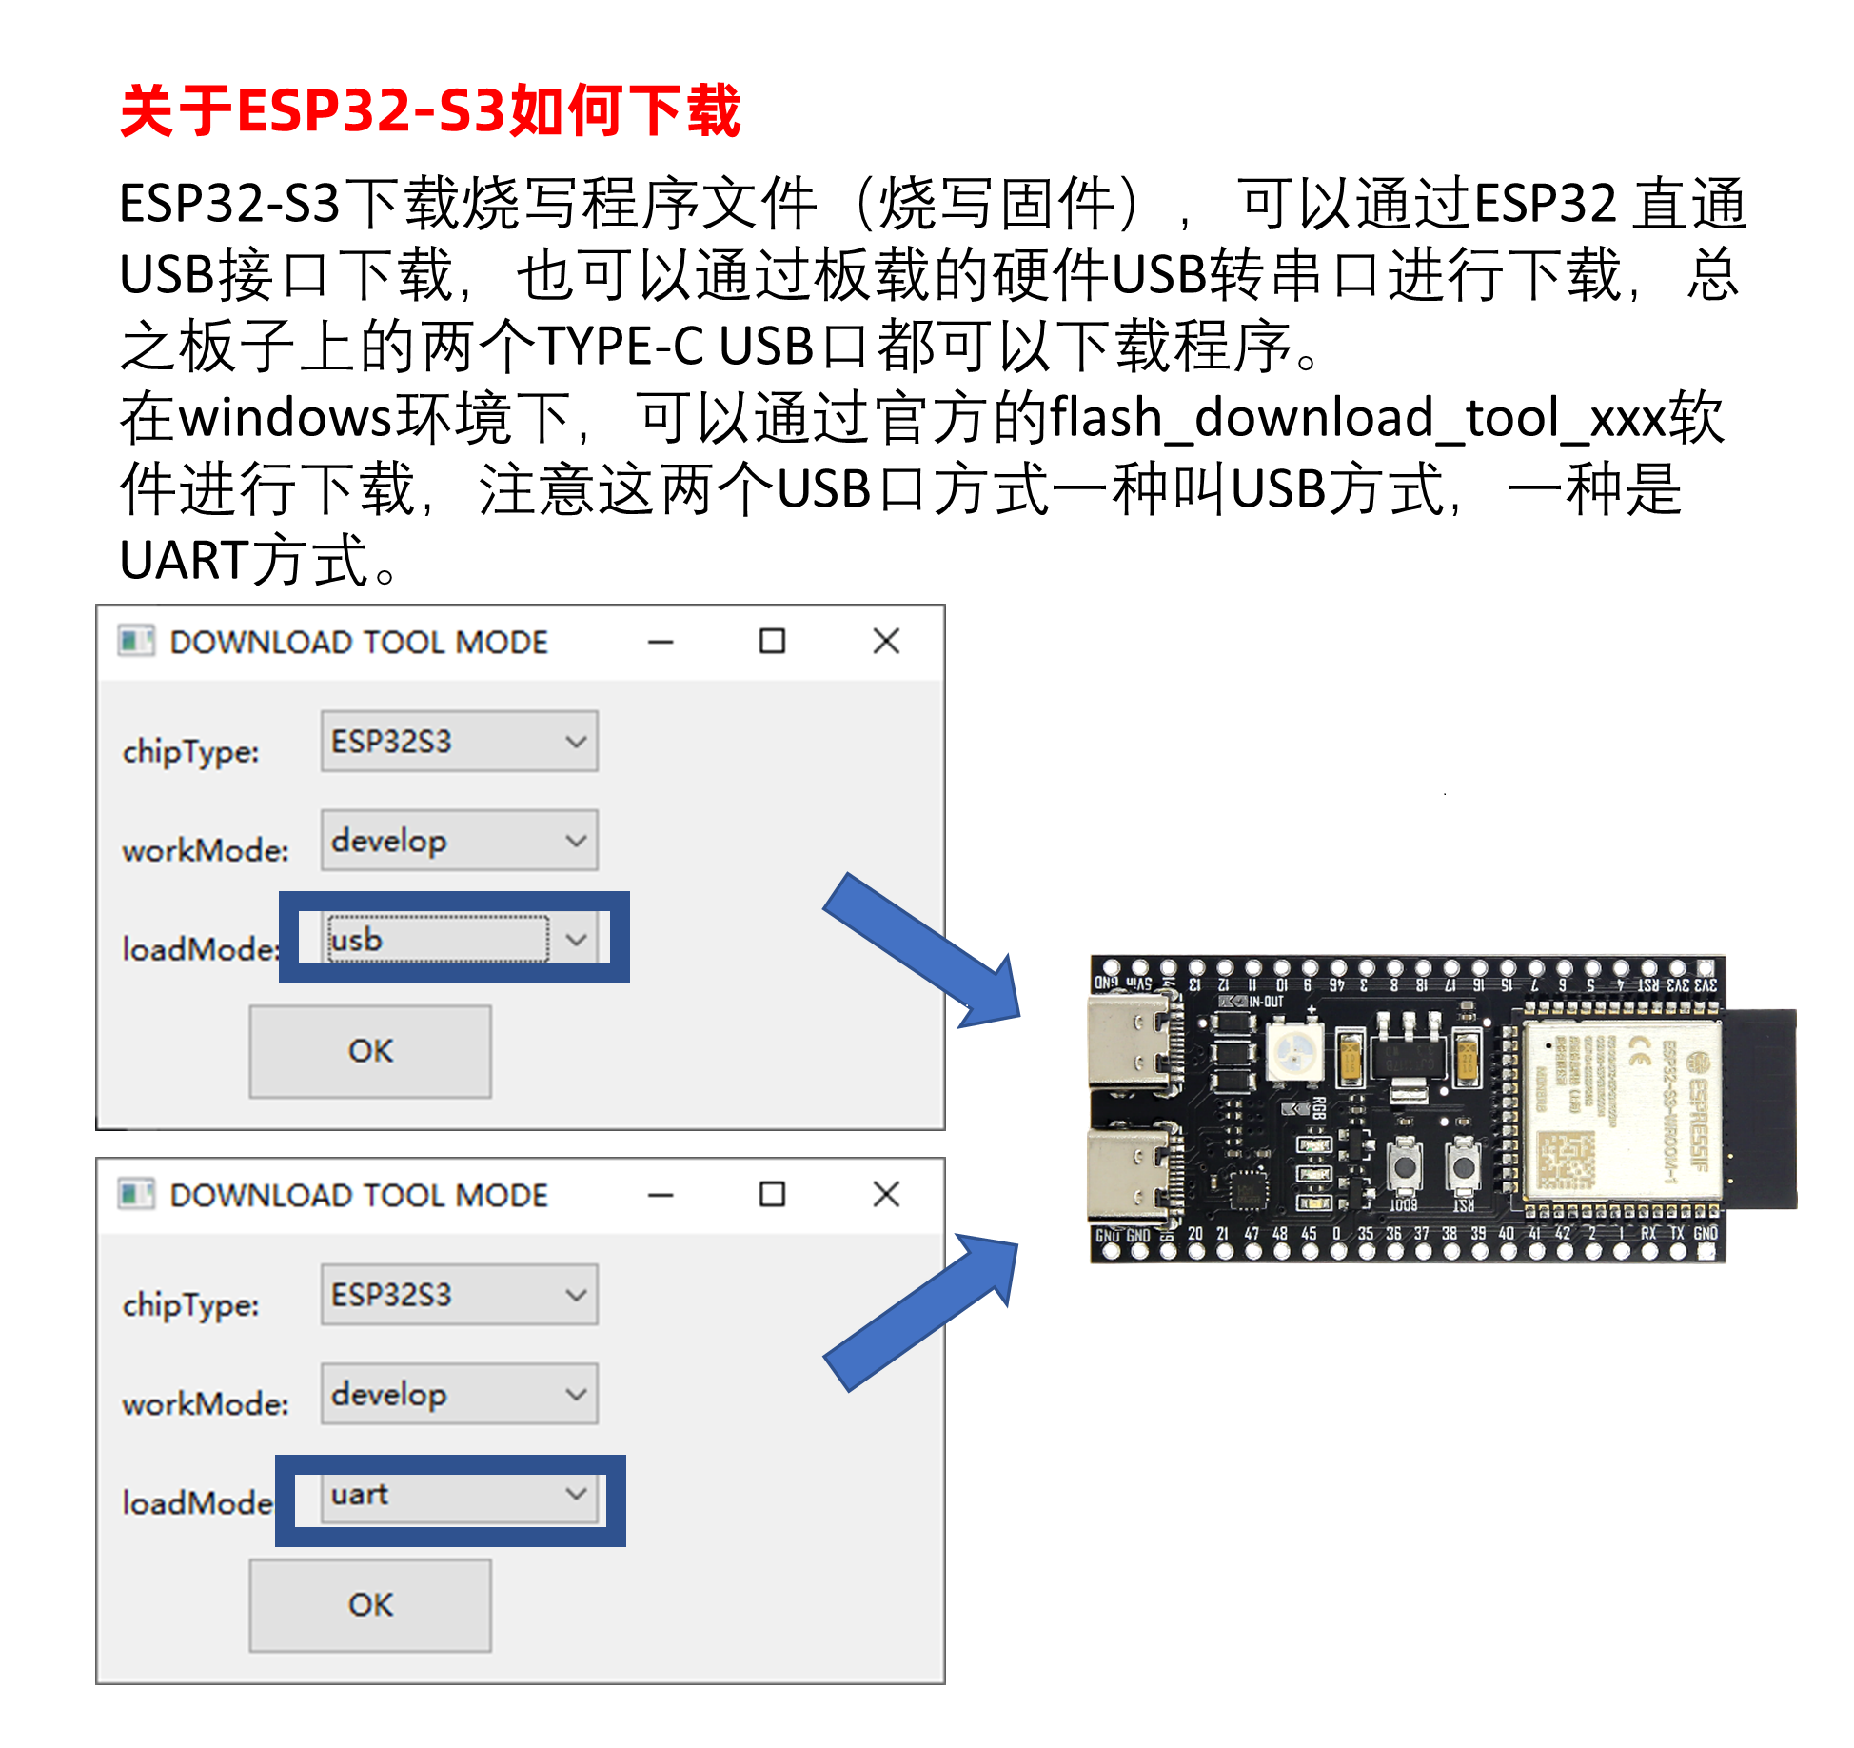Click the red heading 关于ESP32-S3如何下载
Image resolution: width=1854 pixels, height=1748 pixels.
430,111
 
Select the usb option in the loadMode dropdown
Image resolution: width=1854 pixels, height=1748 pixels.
438,940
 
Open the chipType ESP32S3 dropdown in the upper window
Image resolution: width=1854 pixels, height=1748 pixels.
459,742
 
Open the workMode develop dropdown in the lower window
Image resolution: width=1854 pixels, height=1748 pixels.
459,1395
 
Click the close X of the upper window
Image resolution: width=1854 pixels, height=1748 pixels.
886,642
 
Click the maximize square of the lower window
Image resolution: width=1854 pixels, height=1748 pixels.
772,1195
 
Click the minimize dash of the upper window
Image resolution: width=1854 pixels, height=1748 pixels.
661,642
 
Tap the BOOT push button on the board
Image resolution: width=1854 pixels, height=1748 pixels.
1404,1165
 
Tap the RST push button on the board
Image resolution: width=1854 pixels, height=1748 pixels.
1464,1165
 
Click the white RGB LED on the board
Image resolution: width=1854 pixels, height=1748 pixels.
1294,1052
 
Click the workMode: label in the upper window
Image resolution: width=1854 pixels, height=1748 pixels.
205,850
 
